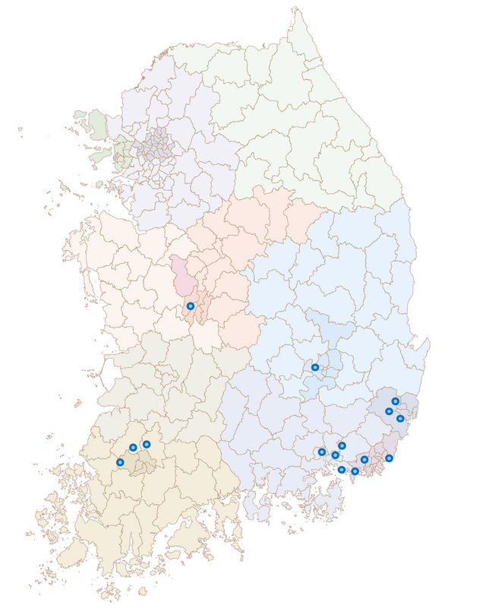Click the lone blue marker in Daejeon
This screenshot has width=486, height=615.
click(191, 306)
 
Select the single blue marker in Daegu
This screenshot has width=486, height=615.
click(315, 368)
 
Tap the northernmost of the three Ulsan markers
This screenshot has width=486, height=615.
click(396, 401)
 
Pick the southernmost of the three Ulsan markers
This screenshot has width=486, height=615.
click(400, 419)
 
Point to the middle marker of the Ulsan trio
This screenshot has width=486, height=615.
click(390, 411)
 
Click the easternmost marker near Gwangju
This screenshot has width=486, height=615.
click(147, 444)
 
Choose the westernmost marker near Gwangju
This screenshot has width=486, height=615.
click(120, 462)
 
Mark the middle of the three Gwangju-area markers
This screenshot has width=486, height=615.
click(133, 448)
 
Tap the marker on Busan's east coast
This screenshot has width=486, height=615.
click(390, 458)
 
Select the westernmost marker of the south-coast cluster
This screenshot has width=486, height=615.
click(322, 452)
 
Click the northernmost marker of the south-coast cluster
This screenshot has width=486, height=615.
click(342, 445)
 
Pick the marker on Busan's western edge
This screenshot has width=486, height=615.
click(364, 460)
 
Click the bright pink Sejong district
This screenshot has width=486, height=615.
click(183, 277)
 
